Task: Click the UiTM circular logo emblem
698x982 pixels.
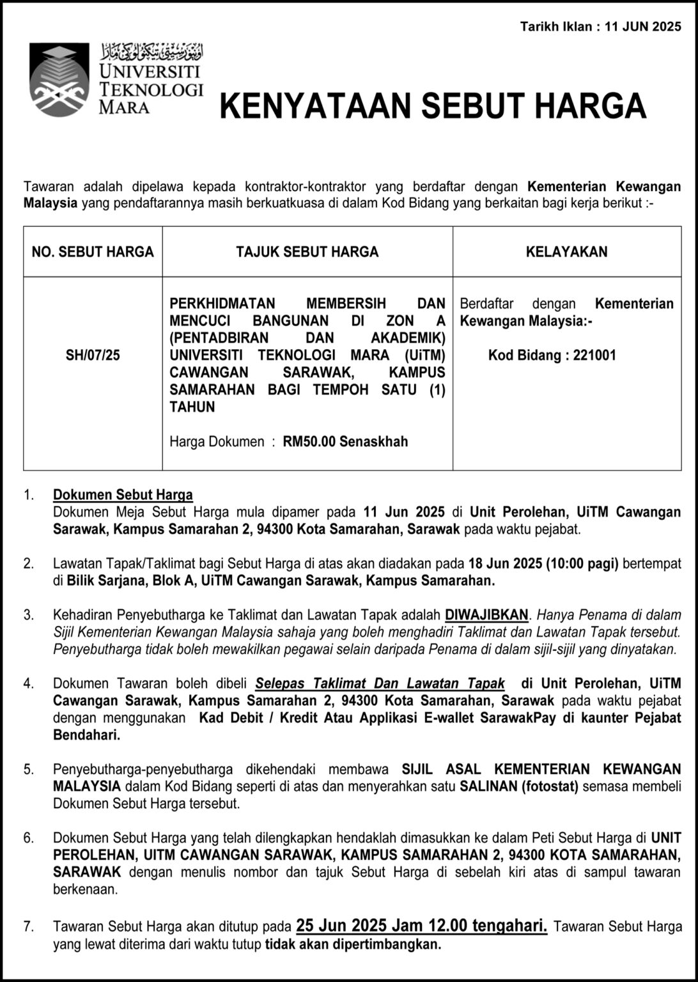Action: tap(59, 80)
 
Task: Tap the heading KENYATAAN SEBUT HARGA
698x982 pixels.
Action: tap(433, 106)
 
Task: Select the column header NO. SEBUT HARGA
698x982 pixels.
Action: tap(93, 252)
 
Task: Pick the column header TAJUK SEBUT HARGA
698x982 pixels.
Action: tap(307, 252)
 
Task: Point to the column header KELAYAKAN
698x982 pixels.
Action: tap(566, 252)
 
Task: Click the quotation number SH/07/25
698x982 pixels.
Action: tap(93, 355)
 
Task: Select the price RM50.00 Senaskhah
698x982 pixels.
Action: tap(345, 442)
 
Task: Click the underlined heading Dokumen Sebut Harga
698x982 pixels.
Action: tap(123, 495)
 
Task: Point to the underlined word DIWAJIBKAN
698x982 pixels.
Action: tap(486, 615)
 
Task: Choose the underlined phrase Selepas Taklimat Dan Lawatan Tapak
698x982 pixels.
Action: tap(380, 683)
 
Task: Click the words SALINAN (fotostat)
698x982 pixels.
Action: tap(519, 786)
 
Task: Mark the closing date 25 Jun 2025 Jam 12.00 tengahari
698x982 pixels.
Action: tap(421, 926)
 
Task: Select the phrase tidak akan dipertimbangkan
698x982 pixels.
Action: tap(353, 944)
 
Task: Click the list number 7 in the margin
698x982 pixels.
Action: tap(27, 926)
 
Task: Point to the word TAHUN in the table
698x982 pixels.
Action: tap(192, 407)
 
